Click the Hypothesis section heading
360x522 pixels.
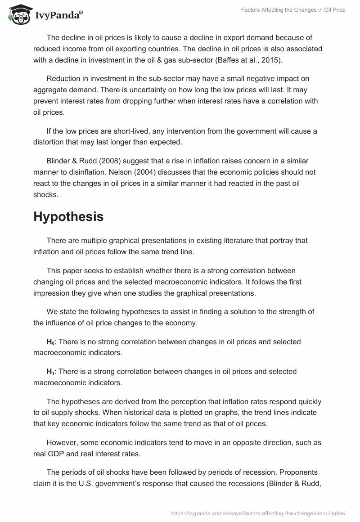[68, 216]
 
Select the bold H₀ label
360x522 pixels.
[50, 342]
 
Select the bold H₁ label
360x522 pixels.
[50, 372]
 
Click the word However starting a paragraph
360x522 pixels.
[62, 442]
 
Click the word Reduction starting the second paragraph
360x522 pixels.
[64, 79]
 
